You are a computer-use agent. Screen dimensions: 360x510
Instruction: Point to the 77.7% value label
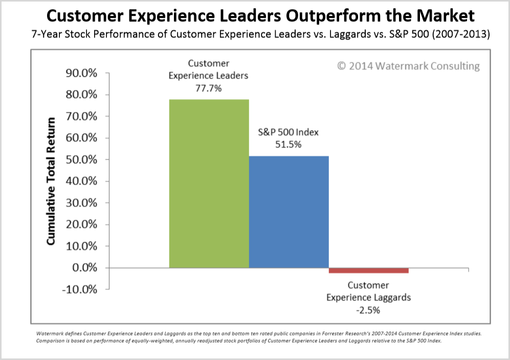[208, 87]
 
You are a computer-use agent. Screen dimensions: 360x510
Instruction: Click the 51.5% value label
[289, 144]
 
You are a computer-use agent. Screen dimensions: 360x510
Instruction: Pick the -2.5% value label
[368, 310]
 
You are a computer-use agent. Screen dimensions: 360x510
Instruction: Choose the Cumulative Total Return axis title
[52, 181]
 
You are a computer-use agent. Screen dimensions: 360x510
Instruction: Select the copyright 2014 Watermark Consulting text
[408, 66]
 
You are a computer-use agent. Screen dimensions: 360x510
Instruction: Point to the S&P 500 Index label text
[289, 132]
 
